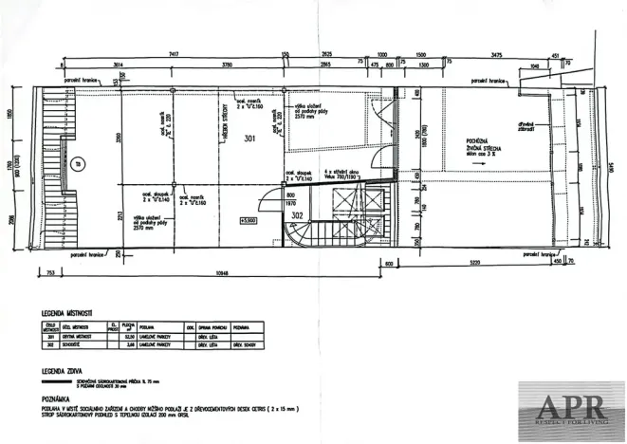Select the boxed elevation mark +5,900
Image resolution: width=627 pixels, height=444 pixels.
250,220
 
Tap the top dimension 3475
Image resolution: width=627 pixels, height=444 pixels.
494,54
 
